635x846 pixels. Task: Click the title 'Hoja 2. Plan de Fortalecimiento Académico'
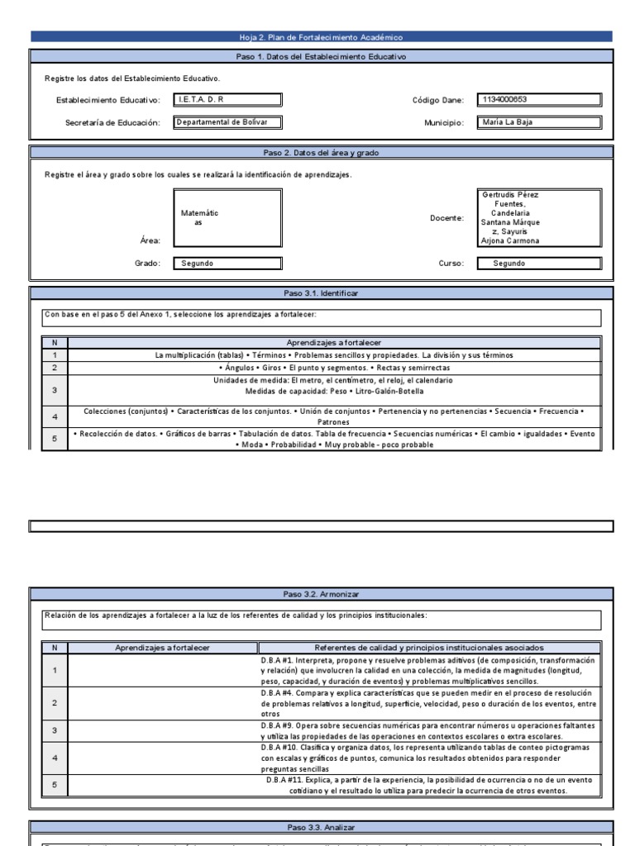[x=321, y=37]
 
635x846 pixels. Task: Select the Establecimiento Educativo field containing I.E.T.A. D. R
[x=227, y=100]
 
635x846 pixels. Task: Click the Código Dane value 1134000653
[x=539, y=100]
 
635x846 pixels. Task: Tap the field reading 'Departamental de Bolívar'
[x=227, y=122]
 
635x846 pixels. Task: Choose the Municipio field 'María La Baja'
[x=539, y=122]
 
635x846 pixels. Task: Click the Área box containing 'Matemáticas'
[x=227, y=218]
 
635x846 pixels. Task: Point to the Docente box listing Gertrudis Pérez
[x=539, y=218]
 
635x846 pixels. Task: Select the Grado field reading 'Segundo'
[x=227, y=264]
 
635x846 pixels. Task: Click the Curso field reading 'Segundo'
[x=539, y=264]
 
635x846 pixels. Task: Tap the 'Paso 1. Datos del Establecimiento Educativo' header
[x=321, y=57]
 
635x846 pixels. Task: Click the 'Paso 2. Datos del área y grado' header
[x=321, y=152]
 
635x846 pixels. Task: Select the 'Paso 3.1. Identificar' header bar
[x=321, y=293]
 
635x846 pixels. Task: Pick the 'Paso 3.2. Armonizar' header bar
[x=321, y=594]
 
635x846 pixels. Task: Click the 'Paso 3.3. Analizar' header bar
[x=321, y=827]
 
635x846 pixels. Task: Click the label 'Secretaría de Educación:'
[x=111, y=123]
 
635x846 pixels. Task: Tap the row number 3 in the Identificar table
[x=54, y=390]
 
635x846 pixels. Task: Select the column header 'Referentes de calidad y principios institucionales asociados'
[x=436, y=648]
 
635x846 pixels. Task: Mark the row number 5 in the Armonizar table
[x=54, y=785]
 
